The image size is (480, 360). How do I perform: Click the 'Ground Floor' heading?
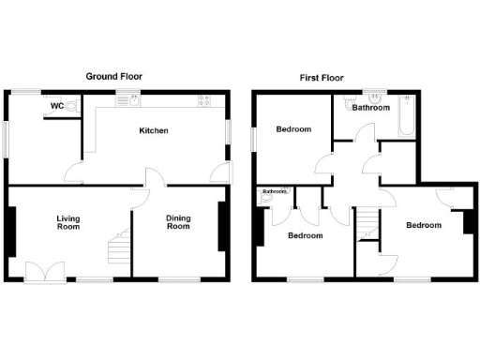pyautogui.click(x=114, y=76)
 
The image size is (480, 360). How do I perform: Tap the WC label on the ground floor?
pyautogui.click(x=57, y=106)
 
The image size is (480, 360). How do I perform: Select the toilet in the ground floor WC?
pyautogui.click(x=74, y=107)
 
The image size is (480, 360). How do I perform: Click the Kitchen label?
pyautogui.click(x=154, y=130)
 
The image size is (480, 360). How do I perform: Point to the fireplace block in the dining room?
pyautogui.click(x=222, y=226)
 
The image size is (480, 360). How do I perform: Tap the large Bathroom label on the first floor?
pyautogui.click(x=371, y=108)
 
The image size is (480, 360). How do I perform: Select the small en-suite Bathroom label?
pyautogui.click(x=275, y=192)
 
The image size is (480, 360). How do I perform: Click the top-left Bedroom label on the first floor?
pyautogui.click(x=292, y=129)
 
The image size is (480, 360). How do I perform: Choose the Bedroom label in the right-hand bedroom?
pyautogui.click(x=424, y=225)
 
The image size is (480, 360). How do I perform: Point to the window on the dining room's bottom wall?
pyautogui.click(x=178, y=279)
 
